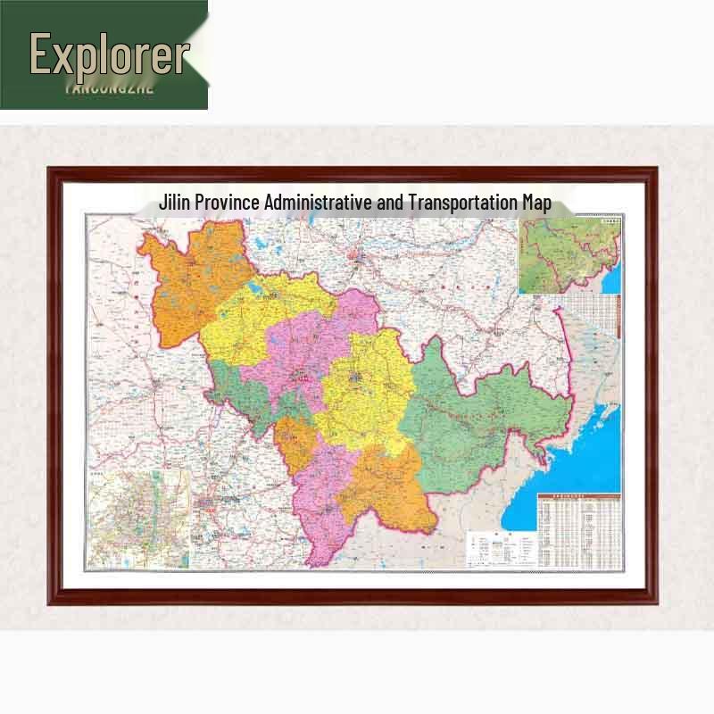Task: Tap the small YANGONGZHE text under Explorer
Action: (x=110, y=88)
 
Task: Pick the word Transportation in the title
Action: (x=462, y=203)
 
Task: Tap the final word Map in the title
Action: (x=536, y=203)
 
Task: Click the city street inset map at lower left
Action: (x=138, y=518)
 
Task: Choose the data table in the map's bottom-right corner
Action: (x=577, y=531)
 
